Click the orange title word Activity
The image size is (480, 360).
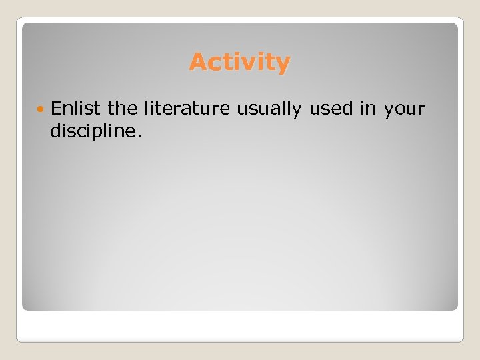(239, 63)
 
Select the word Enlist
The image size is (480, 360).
(74, 108)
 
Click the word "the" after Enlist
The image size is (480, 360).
(121, 108)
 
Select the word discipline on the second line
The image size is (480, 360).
(92, 131)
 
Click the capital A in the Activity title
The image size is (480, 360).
(197, 62)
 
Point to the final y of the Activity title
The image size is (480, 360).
(283, 65)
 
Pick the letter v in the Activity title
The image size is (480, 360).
(248, 64)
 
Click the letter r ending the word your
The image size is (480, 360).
(421, 109)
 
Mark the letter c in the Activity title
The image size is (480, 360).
(215, 64)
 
